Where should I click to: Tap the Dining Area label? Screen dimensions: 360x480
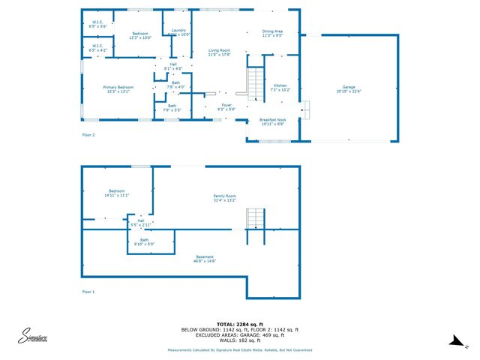[272, 33]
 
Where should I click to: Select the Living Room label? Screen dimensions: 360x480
[219, 52]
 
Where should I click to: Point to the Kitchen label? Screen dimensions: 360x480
[280, 88]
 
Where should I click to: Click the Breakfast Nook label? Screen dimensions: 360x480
[272, 121]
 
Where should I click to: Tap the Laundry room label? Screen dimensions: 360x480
[178, 32]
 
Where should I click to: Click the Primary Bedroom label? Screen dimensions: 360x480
[118, 89]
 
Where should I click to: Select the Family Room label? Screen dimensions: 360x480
[224, 198]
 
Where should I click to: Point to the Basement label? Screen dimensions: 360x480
[205, 259]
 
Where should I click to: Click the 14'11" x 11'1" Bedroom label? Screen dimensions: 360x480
[117, 193]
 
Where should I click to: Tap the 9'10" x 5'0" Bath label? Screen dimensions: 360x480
[143, 241]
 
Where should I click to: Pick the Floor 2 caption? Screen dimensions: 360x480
[88, 135]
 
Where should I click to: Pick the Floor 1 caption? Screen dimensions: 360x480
[88, 291]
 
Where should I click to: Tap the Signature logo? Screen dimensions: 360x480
[34, 336]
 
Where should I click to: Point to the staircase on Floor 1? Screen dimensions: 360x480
[256, 219]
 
